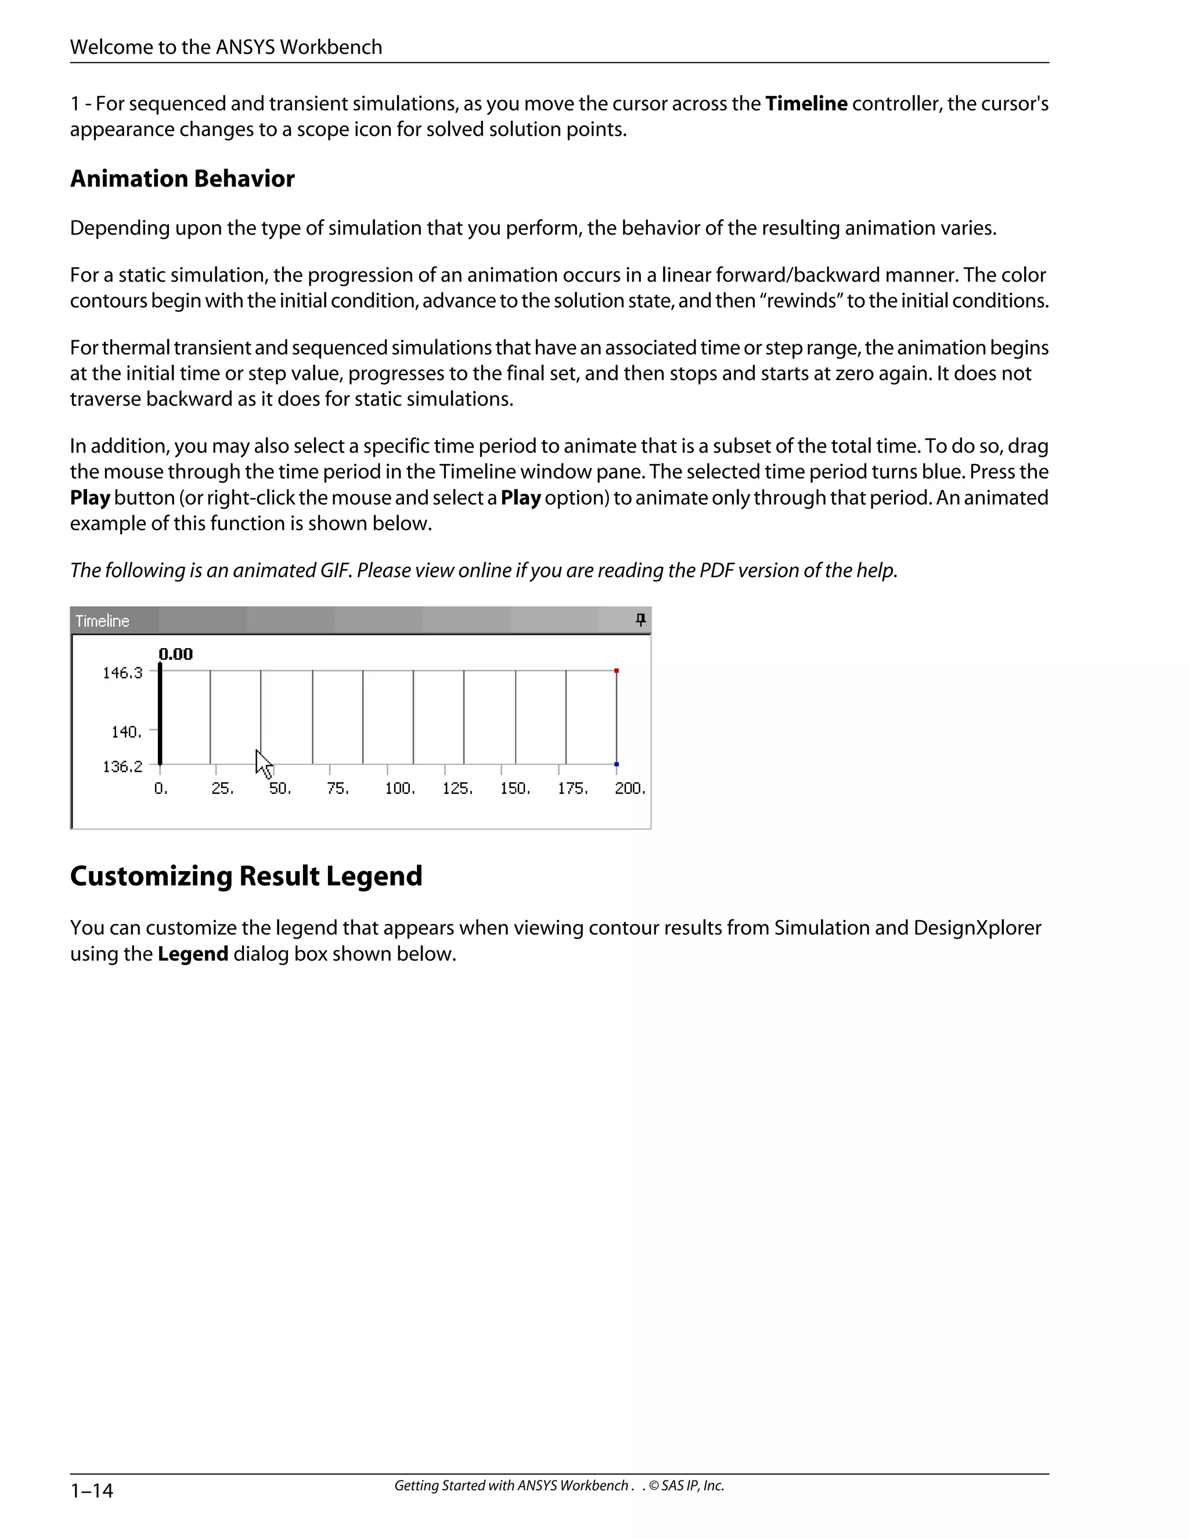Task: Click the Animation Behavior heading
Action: (182, 179)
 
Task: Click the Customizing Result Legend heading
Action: (246, 876)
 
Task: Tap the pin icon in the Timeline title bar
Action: (640, 620)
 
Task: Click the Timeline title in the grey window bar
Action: (102, 621)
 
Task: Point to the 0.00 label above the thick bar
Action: (175, 654)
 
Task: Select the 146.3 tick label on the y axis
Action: (122, 673)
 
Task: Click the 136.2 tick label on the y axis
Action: (122, 767)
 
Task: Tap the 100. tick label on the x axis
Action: (399, 789)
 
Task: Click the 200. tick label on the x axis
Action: (629, 789)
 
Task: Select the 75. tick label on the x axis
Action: (337, 789)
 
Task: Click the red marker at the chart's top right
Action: (617, 671)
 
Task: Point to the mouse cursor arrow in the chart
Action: (263, 763)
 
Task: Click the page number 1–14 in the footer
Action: (92, 1490)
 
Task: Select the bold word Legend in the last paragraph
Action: (192, 954)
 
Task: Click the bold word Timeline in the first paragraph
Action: (806, 103)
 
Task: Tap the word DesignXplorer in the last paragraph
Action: (977, 928)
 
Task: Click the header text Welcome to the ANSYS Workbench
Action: (226, 47)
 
